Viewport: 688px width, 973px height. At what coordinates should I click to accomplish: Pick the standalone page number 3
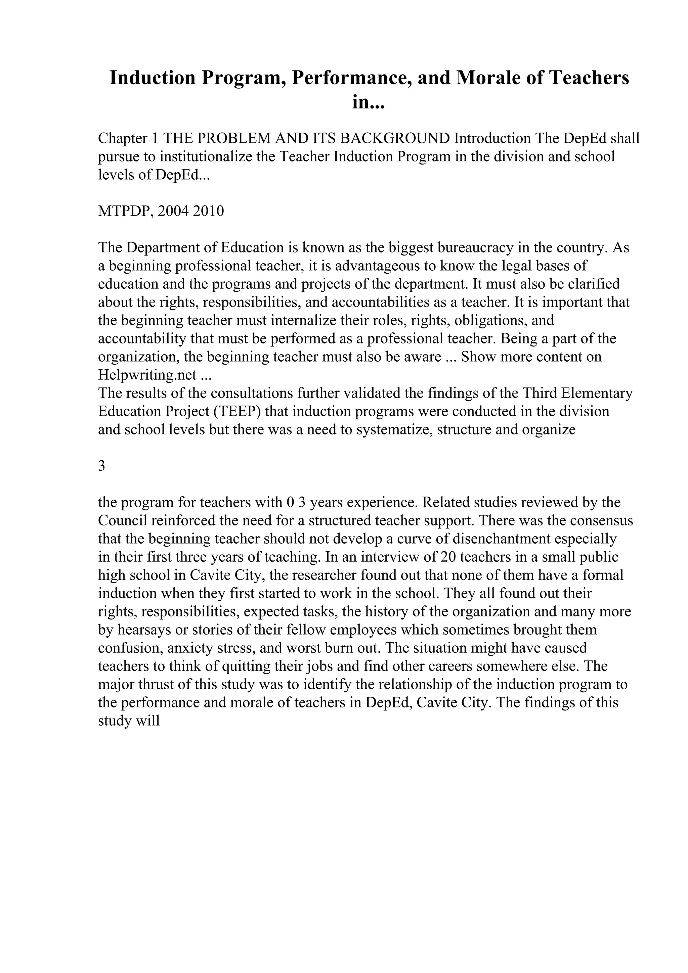102,466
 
